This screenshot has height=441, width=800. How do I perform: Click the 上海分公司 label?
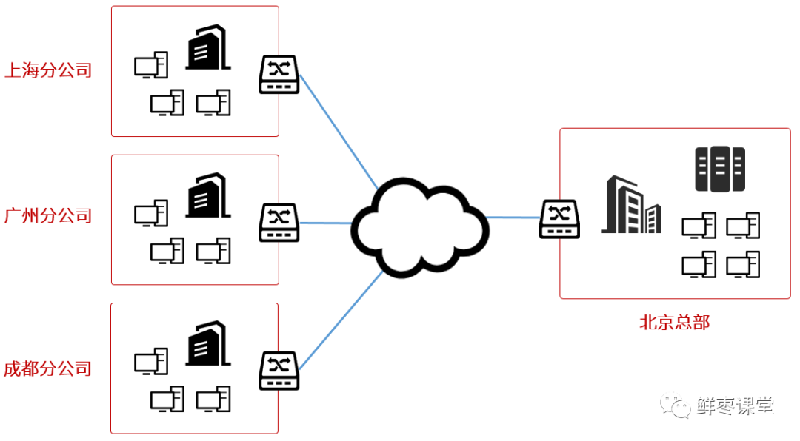pyautogui.click(x=48, y=71)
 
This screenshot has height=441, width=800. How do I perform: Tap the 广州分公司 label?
pyautogui.click(x=48, y=216)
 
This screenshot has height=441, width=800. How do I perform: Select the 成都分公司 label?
pyautogui.click(x=48, y=368)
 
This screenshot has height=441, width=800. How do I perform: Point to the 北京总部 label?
pyautogui.click(x=674, y=323)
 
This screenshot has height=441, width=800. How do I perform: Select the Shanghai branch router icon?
pyautogui.click(x=279, y=75)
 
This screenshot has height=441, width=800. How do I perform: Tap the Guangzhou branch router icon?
pyautogui.click(x=279, y=222)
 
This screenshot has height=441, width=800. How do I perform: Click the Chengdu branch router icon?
pyautogui.click(x=279, y=371)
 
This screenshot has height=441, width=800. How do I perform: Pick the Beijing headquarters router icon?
pyautogui.click(x=559, y=219)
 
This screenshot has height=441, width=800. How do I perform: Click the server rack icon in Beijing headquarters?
pyautogui.click(x=719, y=169)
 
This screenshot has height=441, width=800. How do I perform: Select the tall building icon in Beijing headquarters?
pyautogui.click(x=630, y=205)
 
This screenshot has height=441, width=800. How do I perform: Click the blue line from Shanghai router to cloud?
pyautogui.click(x=339, y=130)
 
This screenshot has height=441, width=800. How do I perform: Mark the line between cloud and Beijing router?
pyautogui.click(x=513, y=218)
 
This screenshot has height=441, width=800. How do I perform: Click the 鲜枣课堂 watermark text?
pyautogui.click(x=735, y=405)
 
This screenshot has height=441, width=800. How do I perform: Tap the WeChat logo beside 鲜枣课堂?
pyautogui.click(x=676, y=405)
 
